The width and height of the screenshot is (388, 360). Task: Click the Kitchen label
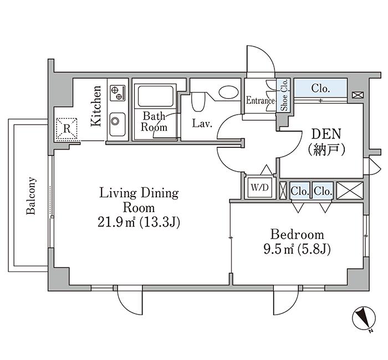tap(96, 106)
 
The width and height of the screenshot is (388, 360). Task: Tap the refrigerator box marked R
tap(67, 129)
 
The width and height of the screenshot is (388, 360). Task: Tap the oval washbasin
tap(229, 92)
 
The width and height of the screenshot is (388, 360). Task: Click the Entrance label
tap(261, 100)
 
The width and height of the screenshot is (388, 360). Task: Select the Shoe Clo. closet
tap(284, 95)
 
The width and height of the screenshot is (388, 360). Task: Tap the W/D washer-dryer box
tap(259, 187)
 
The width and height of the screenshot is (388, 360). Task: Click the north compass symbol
tap(364, 318)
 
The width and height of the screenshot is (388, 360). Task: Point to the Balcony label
tap(31, 196)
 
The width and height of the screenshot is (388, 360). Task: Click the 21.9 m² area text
tap(116, 222)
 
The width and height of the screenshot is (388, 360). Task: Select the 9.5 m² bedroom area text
tap(279, 249)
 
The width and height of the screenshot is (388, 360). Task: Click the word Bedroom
tap(297, 234)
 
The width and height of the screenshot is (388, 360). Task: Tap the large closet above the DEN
tap(320, 88)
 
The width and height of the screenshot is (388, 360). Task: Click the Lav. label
tap(202, 124)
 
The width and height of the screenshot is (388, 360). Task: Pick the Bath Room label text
tap(154, 122)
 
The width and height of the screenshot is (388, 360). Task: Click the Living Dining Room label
tap(139, 200)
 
